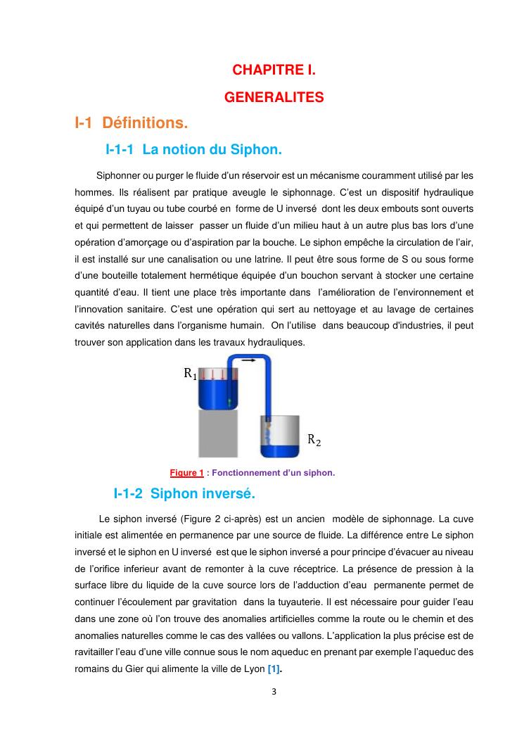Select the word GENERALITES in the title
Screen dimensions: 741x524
click(x=274, y=98)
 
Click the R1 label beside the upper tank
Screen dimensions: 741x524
click(x=190, y=374)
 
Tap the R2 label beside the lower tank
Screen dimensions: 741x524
click(x=314, y=441)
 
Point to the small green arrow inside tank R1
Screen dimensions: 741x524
click(x=229, y=401)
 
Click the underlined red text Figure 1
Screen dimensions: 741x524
click(x=186, y=473)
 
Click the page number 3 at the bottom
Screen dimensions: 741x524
click(x=274, y=691)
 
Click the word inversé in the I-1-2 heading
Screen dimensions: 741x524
click(x=226, y=494)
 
